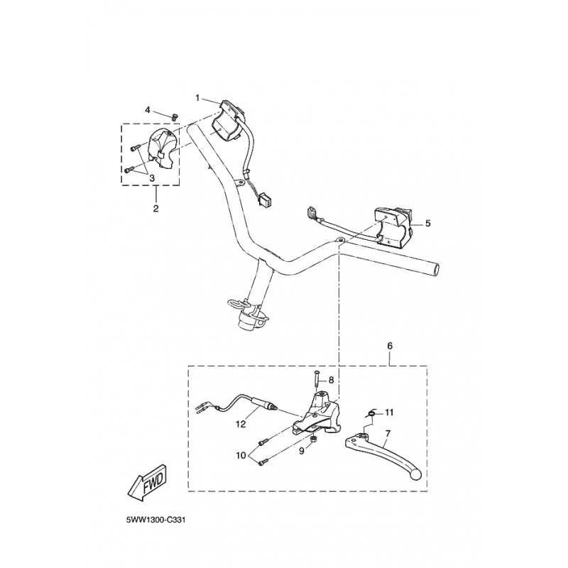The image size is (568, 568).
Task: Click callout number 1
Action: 197,98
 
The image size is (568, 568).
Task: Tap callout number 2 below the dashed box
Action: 155,209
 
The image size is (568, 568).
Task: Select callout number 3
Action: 152,178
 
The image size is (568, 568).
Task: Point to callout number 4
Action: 148,110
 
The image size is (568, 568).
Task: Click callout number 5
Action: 428,224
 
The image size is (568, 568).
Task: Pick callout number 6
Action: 390,346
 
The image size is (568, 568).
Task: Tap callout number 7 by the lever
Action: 388,433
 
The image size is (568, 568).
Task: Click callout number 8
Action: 331,380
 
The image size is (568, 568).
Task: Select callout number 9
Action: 302,452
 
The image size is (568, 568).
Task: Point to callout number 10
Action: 241,455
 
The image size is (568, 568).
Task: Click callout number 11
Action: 389,413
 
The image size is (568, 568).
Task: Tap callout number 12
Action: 241,424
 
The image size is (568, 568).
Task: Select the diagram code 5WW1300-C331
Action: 155,520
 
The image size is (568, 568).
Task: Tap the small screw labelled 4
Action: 175,116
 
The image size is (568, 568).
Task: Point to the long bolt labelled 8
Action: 316,380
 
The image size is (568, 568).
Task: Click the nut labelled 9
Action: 314,439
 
